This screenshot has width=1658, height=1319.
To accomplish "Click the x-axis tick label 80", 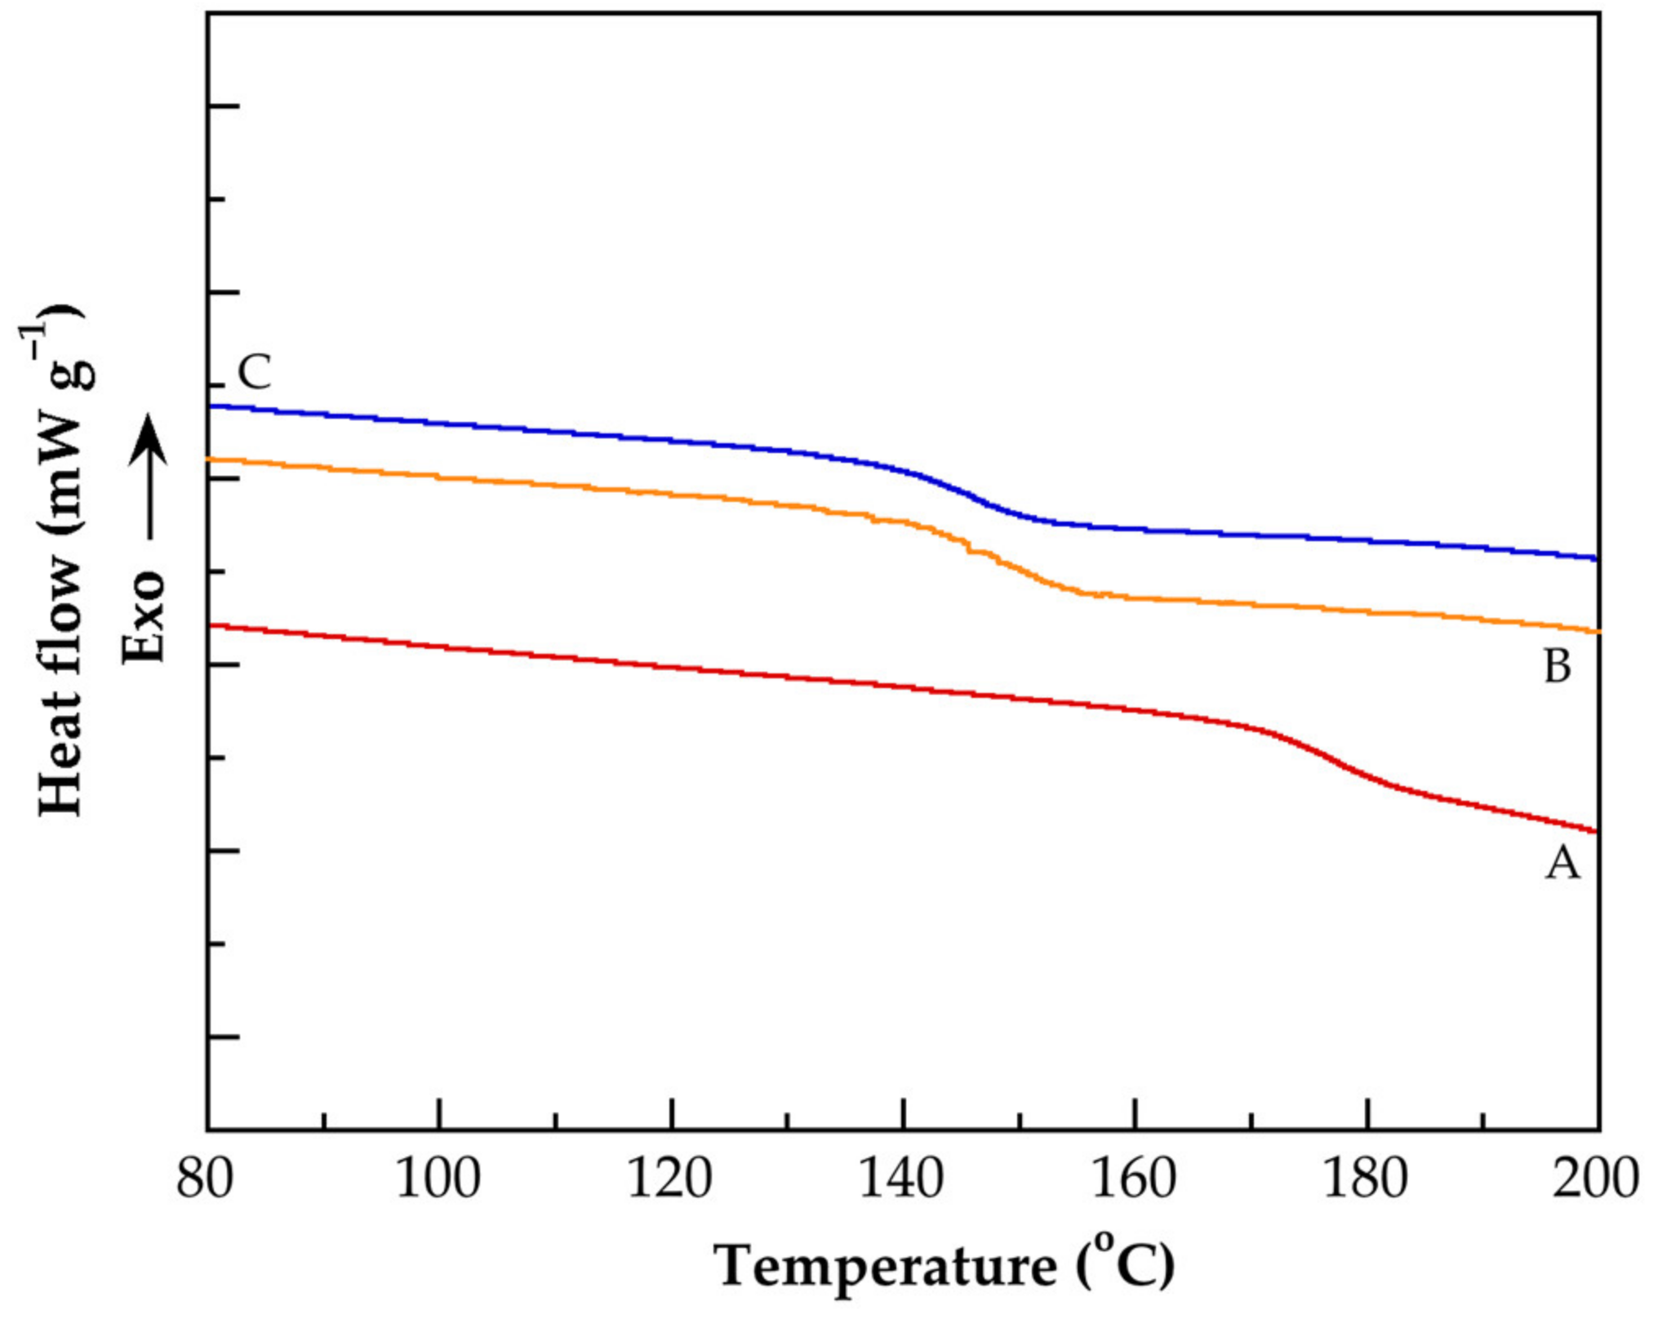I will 205,1180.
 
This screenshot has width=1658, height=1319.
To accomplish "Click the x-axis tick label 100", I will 438,1180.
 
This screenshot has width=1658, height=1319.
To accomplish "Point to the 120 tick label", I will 669,1180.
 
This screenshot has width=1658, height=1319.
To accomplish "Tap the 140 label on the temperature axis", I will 901,1180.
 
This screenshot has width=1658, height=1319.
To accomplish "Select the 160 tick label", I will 1133,1180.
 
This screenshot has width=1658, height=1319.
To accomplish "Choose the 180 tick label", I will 1365,1180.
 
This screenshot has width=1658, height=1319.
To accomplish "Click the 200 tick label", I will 1594,1180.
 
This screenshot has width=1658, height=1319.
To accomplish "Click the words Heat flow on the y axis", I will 61,686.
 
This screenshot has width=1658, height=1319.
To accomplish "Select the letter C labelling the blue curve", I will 254,373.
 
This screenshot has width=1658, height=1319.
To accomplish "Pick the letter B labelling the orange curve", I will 1558,667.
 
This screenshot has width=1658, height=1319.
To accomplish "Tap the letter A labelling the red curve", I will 1562,864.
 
